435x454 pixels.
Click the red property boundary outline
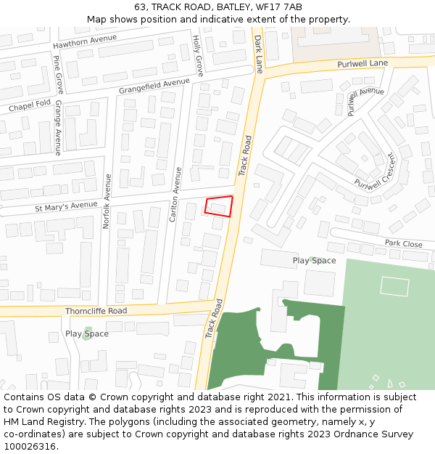[x=219, y=206]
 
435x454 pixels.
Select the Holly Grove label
[x=197, y=55]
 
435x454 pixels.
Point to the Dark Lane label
[x=258, y=54]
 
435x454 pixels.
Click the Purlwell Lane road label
[x=362, y=65]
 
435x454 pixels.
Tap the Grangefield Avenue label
[x=154, y=86]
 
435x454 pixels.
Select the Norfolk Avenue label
[x=106, y=201]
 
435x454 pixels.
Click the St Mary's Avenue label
[x=66, y=206]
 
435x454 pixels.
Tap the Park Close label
[x=403, y=244]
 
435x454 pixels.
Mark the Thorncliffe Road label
[x=96, y=311]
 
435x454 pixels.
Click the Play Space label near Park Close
[x=314, y=260]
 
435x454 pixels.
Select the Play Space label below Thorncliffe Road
[x=87, y=333]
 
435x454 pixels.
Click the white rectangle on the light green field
[x=394, y=286]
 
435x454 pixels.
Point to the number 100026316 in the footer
[x=29, y=446]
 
